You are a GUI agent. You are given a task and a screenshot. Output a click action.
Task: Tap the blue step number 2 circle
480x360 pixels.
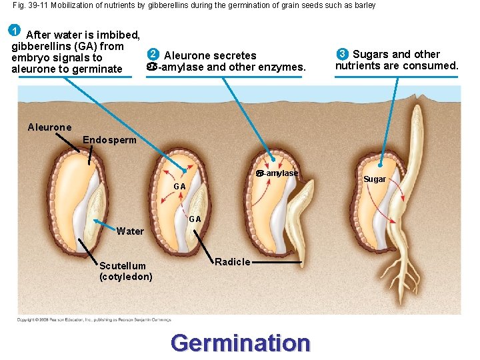(x=153, y=55)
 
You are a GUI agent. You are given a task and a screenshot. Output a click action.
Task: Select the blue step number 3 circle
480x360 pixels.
(x=342, y=54)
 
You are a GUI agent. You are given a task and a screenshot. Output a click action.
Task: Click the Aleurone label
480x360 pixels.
(x=49, y=127)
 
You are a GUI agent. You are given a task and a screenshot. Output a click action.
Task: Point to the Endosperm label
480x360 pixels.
(x=109, y=140)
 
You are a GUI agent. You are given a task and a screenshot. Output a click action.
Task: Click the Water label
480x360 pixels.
(x=130, y=231)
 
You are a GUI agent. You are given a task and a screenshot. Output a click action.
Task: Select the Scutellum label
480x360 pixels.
(x=123, y=266)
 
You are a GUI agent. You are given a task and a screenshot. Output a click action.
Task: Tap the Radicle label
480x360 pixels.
(x=233, y=262)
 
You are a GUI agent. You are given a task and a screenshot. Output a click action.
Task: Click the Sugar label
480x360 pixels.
(x=375, y=179)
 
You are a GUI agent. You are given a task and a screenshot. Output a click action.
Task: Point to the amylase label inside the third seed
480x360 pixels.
(x=280, y=173)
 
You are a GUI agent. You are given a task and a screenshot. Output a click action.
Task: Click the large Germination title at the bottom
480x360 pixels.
(x=240, y=343)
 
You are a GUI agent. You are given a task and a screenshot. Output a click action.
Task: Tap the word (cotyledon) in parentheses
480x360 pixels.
(x=125, y=277)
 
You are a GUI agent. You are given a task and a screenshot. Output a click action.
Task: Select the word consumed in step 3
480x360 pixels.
(x=433, y=65)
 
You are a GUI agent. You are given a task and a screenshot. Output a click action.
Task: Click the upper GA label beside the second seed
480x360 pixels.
(x=179, y=186)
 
